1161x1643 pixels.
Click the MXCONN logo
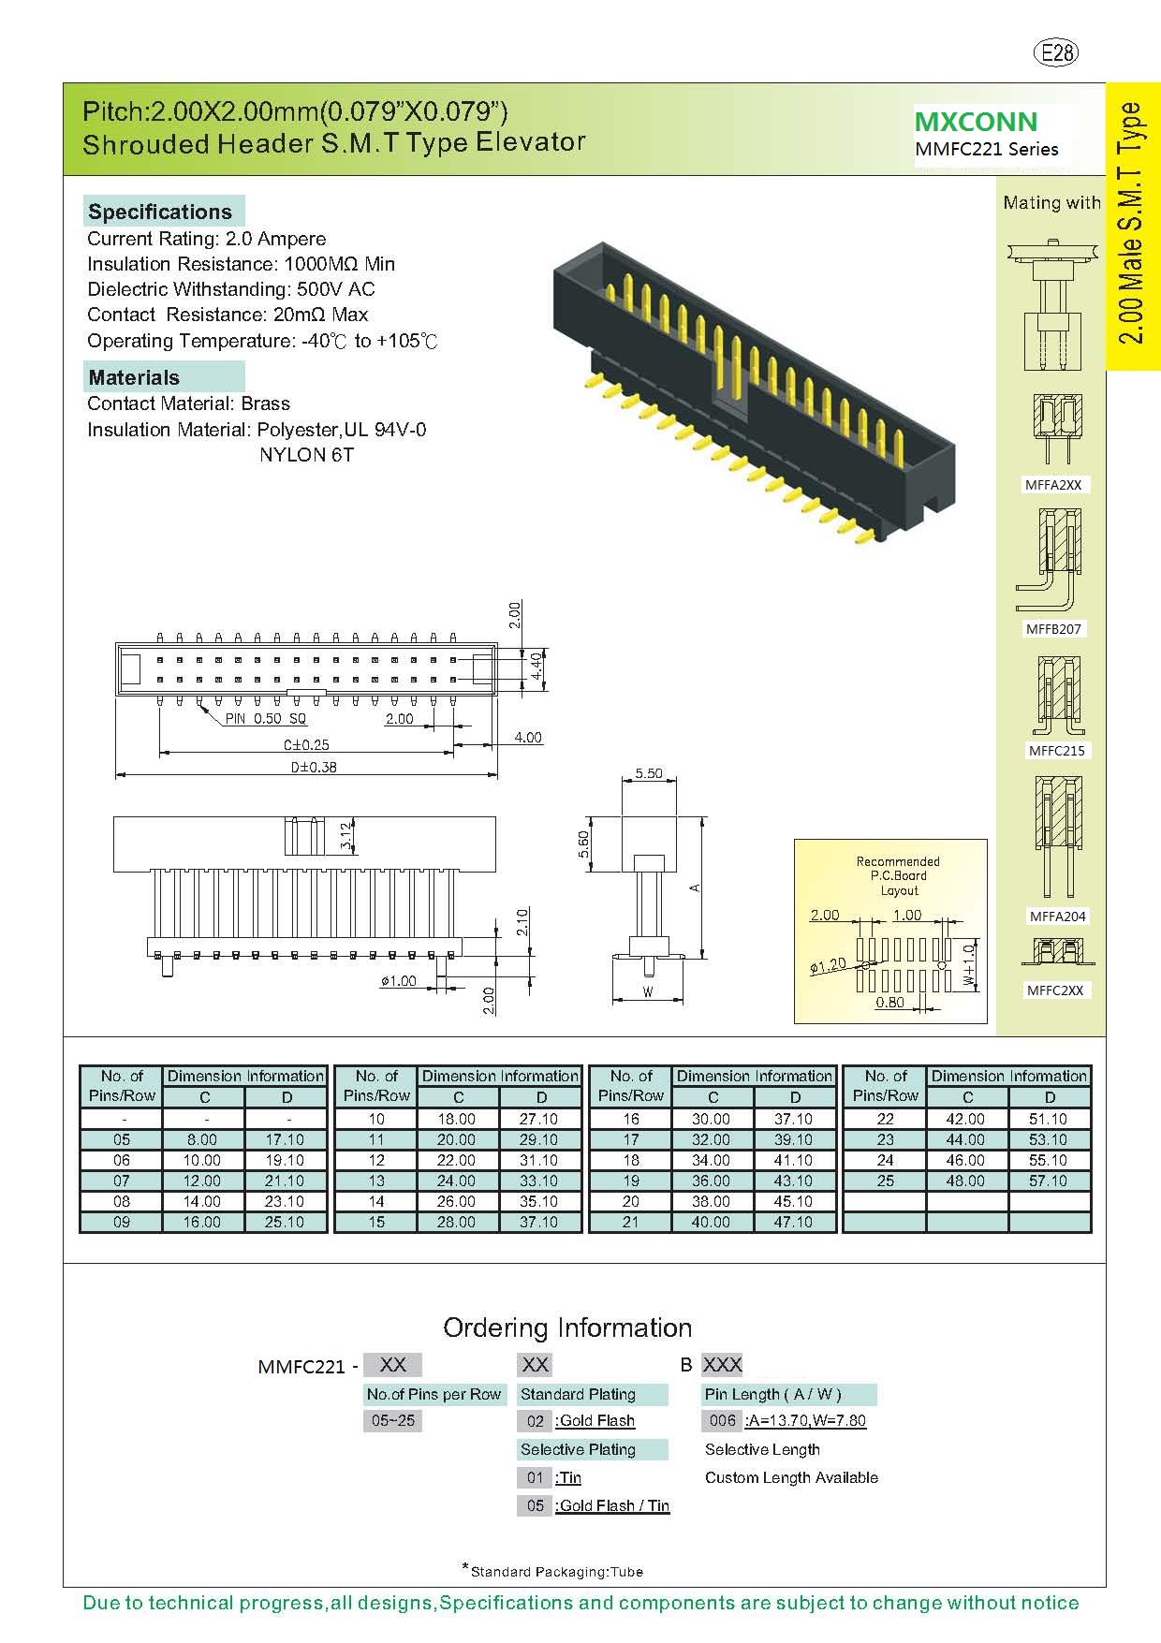(976, 122)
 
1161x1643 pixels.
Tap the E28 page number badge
(1057, 53)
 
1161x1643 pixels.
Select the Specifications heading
(160, 212)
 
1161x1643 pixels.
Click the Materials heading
(134, 377)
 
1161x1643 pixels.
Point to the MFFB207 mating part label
(1053, 629)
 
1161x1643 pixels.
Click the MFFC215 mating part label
(1056, 751)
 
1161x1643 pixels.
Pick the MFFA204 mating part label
(1057, 917)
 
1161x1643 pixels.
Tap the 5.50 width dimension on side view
(648, 773)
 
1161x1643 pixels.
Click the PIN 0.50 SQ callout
(265, 719)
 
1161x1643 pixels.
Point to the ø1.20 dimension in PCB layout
(828, 964)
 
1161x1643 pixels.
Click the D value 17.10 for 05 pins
(285, 1139)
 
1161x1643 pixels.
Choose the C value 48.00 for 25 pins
(965, 1181)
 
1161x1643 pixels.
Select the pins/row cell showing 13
(376, 1181)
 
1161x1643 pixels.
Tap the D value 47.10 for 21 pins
(793, 1222)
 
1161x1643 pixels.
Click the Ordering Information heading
(567, 1328)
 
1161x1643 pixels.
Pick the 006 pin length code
(722, 1420)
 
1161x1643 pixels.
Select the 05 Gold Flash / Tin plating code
(535, 1505)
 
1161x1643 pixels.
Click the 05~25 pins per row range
(392, 1420)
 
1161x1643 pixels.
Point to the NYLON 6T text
(306, 455)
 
